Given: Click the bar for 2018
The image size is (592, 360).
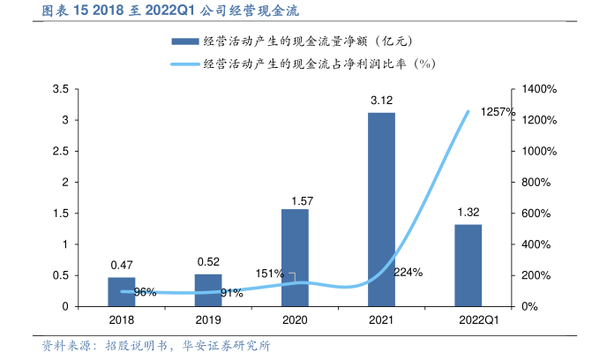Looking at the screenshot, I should [122, 292].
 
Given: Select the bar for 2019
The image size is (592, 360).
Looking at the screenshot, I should [208, 290].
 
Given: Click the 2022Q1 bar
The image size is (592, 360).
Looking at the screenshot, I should [468, 265].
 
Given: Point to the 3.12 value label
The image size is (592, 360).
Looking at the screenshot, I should [381, 101].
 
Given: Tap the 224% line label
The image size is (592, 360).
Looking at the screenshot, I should [408, 272].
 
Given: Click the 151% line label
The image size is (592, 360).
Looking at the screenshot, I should [269, 274].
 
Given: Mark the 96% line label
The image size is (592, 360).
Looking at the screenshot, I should [145, 292].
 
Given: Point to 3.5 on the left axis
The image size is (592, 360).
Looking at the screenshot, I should [60, 89].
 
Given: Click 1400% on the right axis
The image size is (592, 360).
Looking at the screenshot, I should [541, 89].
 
